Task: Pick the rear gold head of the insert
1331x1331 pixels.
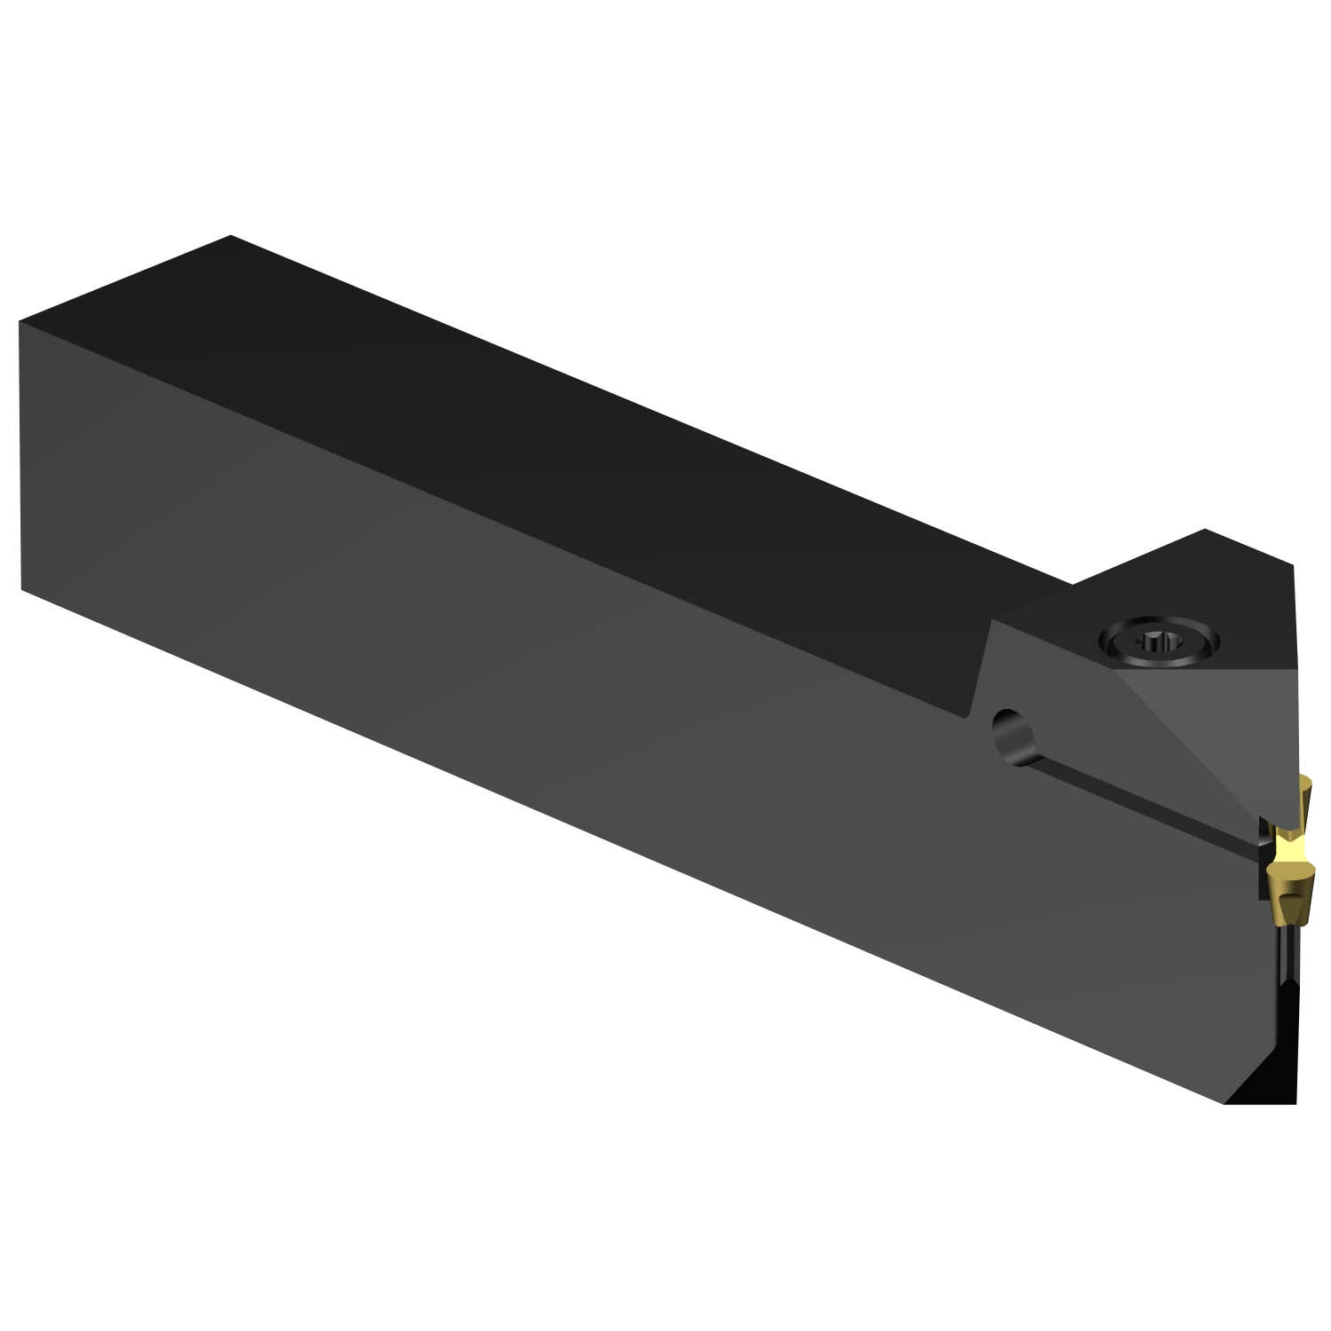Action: coord(1306,798)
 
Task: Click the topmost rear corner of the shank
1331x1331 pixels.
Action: coord(231,236)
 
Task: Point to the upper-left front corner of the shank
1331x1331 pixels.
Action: coord(20,321)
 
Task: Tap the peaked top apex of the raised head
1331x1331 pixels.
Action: coord(1204,530)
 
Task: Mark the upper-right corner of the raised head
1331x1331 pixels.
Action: coord(1292,564)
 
